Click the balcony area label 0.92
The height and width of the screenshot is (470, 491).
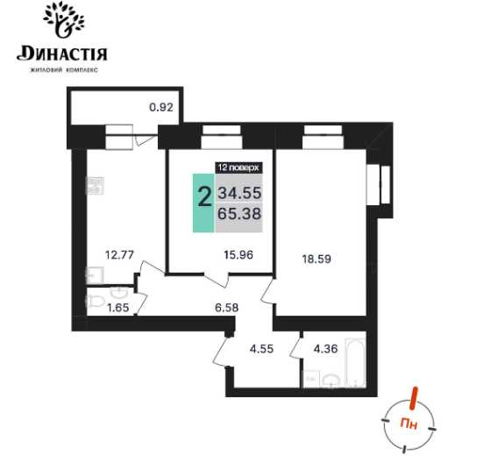(x=161, y=107)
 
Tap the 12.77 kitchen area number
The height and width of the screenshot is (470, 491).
(x=119, y=254)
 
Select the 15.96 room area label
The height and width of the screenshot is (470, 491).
(x=238, y=254)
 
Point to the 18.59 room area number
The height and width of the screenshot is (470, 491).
(x=317, y=259)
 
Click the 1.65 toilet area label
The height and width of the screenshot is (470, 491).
(x=118, y=308)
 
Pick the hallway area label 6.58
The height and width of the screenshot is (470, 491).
(x=226, y=308)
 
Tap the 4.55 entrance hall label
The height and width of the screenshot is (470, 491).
(x=261, y=348)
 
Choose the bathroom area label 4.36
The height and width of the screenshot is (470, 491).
(x=325, y=348)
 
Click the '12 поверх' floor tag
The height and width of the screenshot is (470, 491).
(x=238, y=167)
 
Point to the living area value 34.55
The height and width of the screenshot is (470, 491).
(x=239, y=193)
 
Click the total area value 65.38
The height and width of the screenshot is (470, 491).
(x=239, y=214)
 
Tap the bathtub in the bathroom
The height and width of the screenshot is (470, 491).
(x=355, y=362)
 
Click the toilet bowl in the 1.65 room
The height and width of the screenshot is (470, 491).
(x=95, y=302)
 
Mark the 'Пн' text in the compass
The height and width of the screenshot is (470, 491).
(x=409, y=424)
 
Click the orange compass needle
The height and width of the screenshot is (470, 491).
(x=414, y=398)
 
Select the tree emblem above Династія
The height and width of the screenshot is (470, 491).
(x=64, y=18)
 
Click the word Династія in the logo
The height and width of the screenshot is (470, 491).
(x=62, y=53)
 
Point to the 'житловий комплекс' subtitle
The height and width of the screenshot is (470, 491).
(x=63, y=70)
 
